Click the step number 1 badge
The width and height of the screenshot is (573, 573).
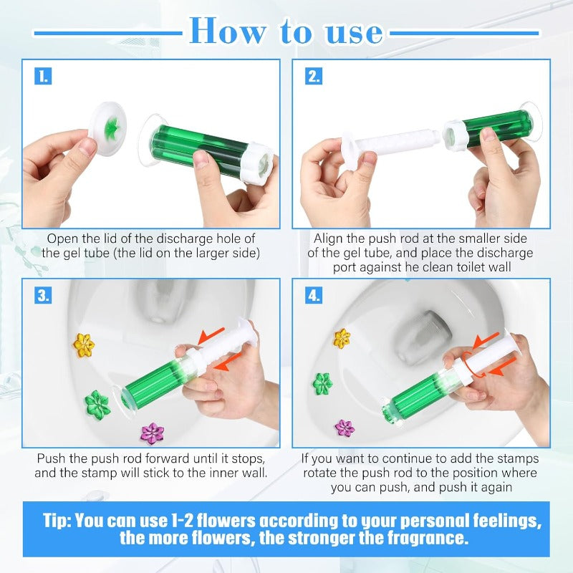44,76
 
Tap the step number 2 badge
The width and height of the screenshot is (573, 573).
314,76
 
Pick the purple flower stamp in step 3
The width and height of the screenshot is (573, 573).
152,433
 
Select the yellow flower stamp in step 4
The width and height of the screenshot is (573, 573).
342,337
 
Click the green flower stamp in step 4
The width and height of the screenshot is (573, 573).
322,383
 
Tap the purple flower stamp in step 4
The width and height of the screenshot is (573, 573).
345,428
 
